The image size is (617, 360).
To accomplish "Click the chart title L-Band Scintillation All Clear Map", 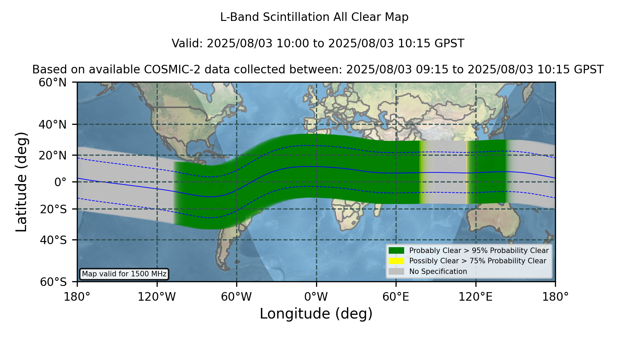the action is coord(314,17).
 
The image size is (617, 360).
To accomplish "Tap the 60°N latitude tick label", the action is coord(53,83).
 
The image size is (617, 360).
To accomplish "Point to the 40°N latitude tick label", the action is coord(53,124).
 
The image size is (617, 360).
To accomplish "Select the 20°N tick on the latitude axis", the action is coord(53,155).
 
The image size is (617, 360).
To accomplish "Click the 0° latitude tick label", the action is coord(61,182).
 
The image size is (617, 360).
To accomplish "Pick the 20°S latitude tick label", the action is coord(53,209).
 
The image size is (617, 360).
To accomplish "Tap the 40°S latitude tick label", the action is coord(53,240).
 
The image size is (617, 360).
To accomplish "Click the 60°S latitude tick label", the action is coord(53,282).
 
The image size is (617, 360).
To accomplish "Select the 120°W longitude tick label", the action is coord(157,297).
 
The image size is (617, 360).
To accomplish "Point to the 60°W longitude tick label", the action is coord(237,297).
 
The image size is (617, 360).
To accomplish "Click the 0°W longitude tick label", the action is coord(316,297).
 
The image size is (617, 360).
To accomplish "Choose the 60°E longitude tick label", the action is coord(396,297).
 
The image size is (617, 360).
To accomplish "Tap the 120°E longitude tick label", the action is coord(475,297).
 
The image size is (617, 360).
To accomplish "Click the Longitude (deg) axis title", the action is coord(316,314).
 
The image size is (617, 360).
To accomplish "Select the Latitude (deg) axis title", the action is coord(21,182).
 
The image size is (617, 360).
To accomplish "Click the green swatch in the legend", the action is coord(396,250).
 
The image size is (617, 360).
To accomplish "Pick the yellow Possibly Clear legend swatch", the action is coord(396,261).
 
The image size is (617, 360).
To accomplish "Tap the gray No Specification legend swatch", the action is coord(396,271).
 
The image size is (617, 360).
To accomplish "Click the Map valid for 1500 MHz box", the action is coord(124,274).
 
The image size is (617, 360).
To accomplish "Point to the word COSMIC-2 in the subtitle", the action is coord(165,70).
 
